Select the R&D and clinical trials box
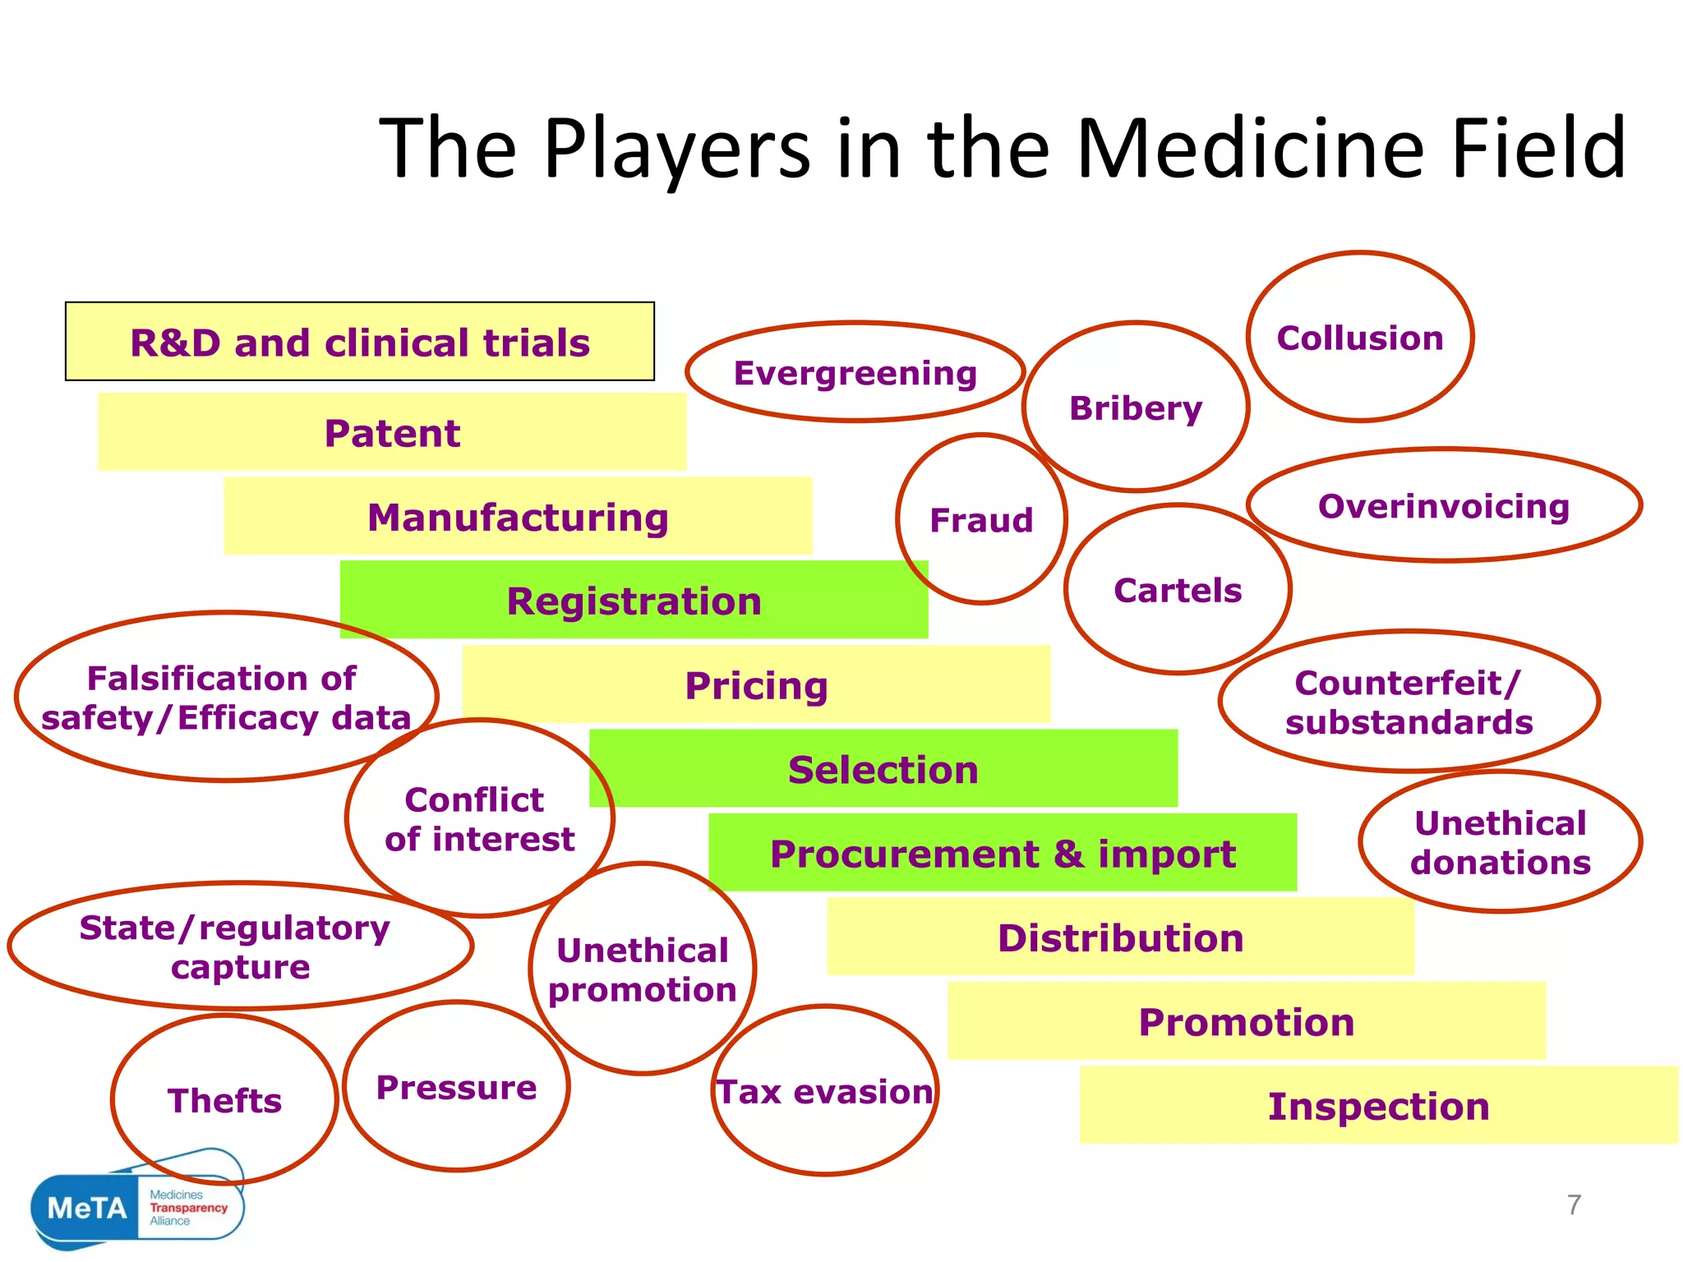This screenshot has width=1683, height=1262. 360,342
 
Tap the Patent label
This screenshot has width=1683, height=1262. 392,433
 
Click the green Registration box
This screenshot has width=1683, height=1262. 634,601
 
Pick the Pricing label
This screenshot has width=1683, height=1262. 756,685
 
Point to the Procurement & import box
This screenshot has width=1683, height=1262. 1003,854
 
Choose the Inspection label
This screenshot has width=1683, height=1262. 1378,1106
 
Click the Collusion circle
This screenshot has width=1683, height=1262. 1360,338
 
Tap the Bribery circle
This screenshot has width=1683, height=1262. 1136,408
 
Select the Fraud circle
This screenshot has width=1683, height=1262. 981,520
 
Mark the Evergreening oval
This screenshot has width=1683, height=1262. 855,372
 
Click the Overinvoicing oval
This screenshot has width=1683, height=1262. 1444,506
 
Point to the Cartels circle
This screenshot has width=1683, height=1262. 1178,590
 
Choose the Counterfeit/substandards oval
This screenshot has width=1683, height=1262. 1409,702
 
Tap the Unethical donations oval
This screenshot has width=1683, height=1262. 1501,842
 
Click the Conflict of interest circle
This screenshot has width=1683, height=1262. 480,818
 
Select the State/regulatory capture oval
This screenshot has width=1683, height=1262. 239,946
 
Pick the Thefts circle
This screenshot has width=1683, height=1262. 224,1100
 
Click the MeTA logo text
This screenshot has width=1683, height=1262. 87,1208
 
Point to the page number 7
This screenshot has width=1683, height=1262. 1574,1204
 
